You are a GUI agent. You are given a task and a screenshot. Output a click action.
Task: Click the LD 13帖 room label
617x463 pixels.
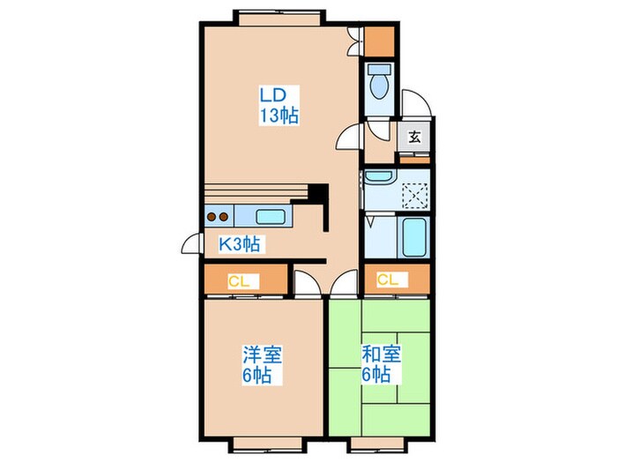click(278, 104)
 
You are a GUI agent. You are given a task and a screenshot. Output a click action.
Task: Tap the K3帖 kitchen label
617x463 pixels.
click(238, 245)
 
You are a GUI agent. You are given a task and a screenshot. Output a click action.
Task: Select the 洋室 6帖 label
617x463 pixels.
click(263, 364)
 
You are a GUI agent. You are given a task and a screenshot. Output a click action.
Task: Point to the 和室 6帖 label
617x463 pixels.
click(382, 364)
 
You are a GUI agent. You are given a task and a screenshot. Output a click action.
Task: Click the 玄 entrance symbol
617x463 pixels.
click(413, 138)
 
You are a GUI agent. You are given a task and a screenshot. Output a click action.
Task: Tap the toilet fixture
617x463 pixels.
click(381, 85)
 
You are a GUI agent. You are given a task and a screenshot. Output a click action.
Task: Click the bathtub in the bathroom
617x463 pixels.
click(413, 236)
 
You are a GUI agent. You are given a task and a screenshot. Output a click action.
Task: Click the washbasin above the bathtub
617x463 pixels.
click(380, 178)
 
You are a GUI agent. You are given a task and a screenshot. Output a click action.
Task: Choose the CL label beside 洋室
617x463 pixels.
click(238, 282)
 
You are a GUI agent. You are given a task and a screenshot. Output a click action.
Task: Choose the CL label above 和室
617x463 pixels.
click(388, 280)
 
